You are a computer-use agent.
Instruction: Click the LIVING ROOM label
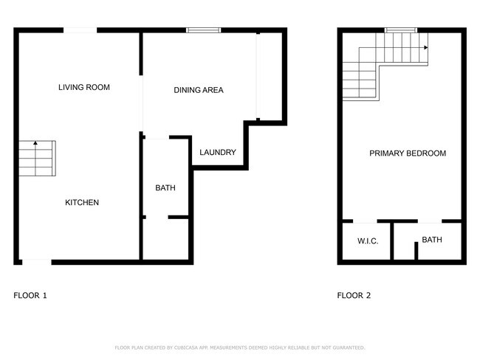tap(83, 88)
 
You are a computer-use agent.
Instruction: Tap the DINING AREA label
tap(198, 91)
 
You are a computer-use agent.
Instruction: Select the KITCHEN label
tap(82, 203)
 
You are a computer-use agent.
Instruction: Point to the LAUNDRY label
tap(218, 153)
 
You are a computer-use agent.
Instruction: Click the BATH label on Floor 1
tap(165, 188)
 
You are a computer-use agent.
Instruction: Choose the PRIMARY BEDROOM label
tap(408, 153)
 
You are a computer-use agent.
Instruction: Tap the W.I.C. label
tap(368, 241)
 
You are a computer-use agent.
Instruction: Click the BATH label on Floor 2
tap(432, 240)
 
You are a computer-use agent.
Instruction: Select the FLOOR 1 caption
tap(30, 296)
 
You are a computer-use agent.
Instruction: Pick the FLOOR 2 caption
tap(354, 296)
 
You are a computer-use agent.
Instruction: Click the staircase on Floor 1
tap(36, 158)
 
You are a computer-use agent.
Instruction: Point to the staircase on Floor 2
tap(377, 66)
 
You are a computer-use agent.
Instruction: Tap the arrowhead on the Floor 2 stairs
tap(426, 48)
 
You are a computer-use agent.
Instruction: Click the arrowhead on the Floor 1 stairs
tap(35, 143)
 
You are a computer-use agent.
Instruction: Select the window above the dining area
tap(199, 30)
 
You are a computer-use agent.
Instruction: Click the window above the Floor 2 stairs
tap(401, 30)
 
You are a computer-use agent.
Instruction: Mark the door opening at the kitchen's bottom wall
tap(36, 261)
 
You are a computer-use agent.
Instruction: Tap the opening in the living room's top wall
tap(80, 30)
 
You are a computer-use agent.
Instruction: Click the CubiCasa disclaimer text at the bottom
tap(240, 347)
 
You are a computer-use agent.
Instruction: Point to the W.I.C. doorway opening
tap(366, 221)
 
